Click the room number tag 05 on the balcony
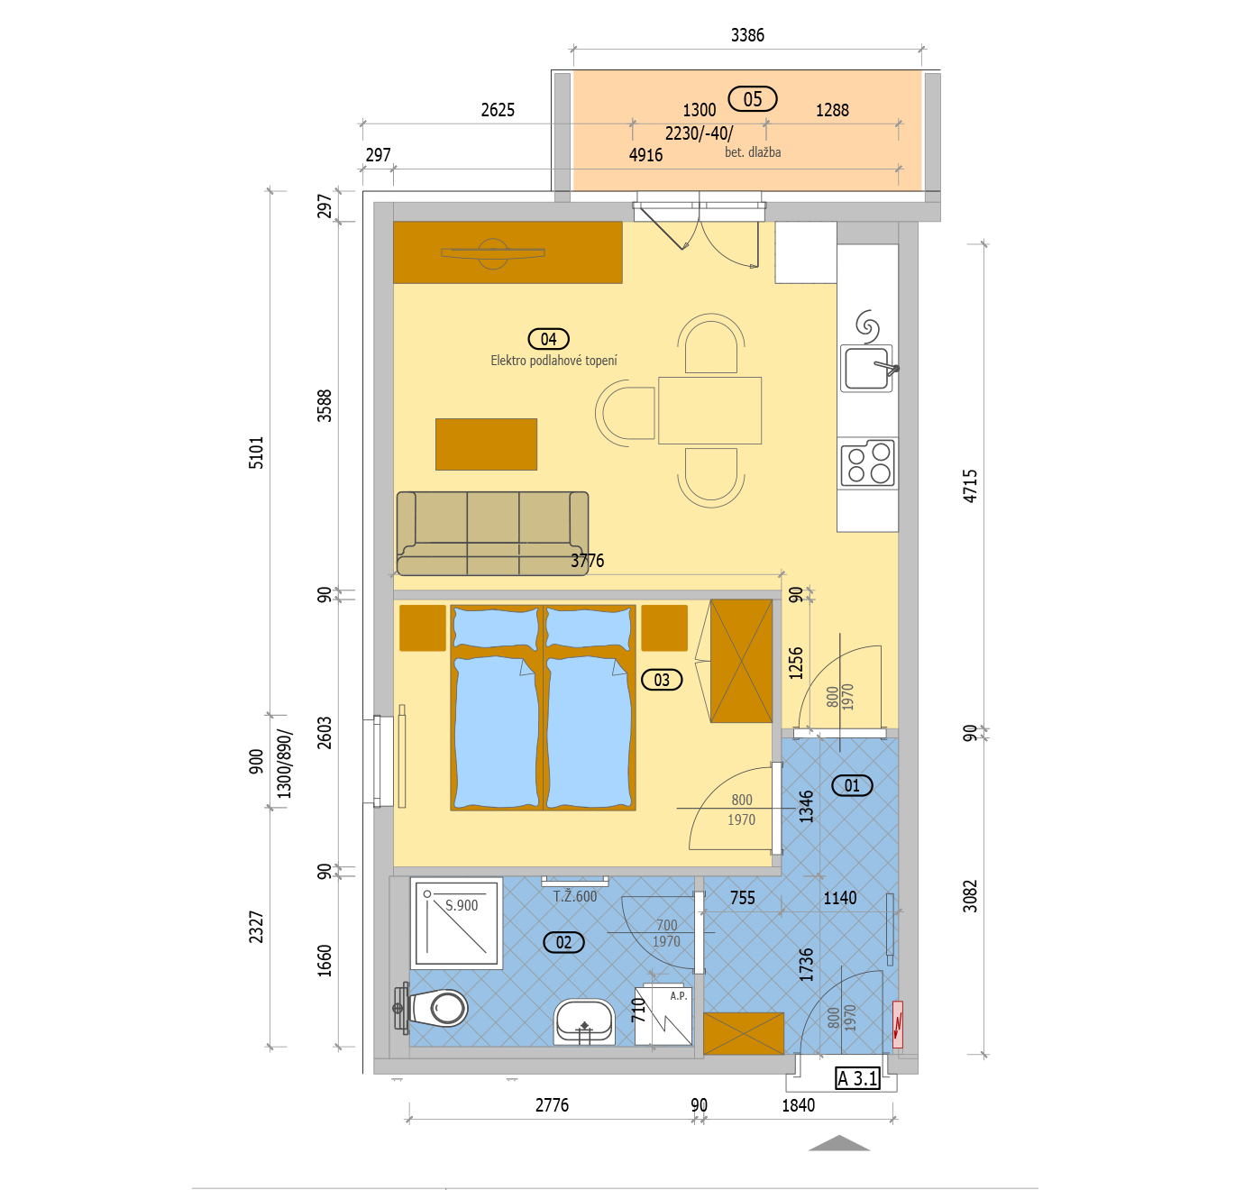pos(753,99)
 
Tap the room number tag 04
pos(548,339)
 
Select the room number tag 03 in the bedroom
pos(662,680)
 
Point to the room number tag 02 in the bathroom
pos(563,943)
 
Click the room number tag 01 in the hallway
pos(852,785)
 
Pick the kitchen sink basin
pos(866,368)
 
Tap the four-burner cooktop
pos(868,463)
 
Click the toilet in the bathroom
pos(432,1009)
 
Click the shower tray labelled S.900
pos(456,923)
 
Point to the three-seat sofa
pos(492,534)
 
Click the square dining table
pos(709,410)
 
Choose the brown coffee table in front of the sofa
pos(487,444)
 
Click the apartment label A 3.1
pos(858,1079)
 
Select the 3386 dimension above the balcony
pos(747,35)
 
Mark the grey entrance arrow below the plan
pos(839,1143)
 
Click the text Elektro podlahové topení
pos(553,361)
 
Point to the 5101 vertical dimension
pos(256,453)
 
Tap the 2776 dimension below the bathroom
pos(552,1105)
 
